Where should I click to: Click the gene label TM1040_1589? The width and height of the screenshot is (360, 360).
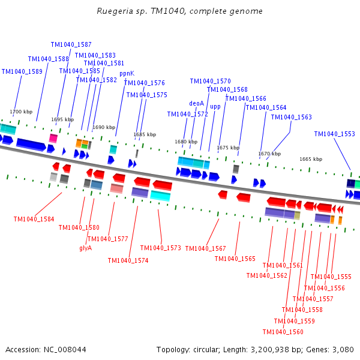[x=22, y=71]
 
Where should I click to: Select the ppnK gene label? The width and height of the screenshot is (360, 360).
[x=127, y=74]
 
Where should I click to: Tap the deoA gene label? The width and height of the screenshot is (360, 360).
[x=197, y=103]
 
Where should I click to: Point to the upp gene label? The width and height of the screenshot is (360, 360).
[x=215, y=107]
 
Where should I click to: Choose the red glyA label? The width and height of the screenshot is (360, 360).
[x=86, y=248]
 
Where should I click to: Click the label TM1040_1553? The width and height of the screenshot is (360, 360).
[x=335, y=134]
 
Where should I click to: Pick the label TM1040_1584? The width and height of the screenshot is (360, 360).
[x=34, y=219]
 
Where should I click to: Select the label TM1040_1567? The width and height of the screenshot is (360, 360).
[x=206, y=248]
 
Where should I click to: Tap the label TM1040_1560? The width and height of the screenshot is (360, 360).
[x=283, y=332]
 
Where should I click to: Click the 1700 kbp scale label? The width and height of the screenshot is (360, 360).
[x=21, y=112]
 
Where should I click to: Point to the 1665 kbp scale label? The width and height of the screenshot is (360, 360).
[x=311, y=159]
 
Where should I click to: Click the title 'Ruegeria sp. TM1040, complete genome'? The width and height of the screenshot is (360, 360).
[x=179, y=11]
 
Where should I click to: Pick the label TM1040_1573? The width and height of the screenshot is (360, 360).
[x=161, y=248]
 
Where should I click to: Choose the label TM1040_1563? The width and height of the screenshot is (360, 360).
[x=292, y=117]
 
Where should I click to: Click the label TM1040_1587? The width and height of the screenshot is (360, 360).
[x=71, y=44]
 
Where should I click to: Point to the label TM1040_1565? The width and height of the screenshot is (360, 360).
[x=235, y=259]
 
